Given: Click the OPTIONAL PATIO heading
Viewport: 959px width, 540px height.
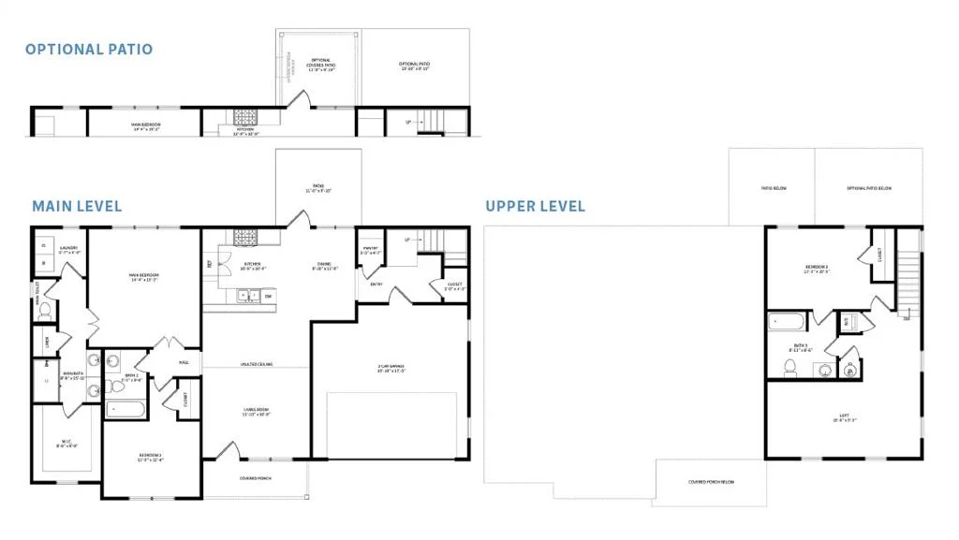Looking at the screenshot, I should (88, 49).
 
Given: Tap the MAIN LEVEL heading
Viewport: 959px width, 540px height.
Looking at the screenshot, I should (77, 205).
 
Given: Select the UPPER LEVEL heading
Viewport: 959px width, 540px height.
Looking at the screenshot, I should (535, 205).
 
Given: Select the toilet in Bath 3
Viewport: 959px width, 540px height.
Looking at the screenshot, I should (789, 366).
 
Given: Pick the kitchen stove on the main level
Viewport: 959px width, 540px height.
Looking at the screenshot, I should (245, 236).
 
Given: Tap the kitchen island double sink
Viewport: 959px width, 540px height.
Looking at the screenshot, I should (249, 296).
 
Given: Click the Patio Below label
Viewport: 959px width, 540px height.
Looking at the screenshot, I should (773, 188).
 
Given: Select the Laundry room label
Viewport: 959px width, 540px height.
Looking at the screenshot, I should (68, 249).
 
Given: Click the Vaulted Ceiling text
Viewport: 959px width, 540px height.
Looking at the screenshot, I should (256, 364).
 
